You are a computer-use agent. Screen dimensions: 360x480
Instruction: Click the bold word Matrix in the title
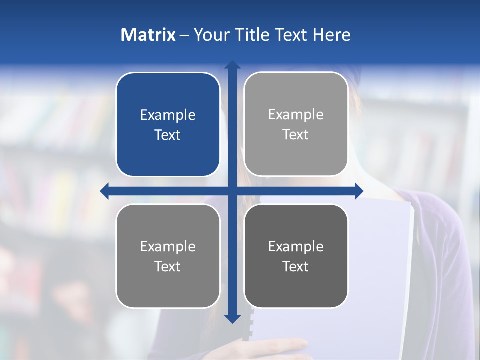148,35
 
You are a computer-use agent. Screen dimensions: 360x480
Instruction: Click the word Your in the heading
209,35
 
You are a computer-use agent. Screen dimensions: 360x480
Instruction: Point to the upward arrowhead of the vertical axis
232,64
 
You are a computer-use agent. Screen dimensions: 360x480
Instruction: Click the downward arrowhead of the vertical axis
232,318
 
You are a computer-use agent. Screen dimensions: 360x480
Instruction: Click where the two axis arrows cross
232,191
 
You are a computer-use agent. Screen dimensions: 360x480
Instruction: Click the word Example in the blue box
168,115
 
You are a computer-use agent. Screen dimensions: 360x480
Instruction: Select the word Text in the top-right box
296,134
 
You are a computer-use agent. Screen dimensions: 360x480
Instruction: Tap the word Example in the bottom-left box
168,246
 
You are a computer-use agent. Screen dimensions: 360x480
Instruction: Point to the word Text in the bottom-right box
296,266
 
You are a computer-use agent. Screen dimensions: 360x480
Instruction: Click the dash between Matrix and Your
184,35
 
